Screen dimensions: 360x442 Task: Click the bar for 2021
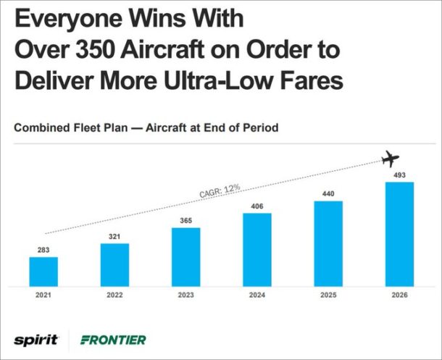(43, 272)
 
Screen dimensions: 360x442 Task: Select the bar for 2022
(114, 264)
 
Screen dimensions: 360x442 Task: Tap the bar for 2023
(185, 257)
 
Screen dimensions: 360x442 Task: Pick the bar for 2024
(257, 250)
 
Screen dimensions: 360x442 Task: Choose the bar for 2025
(328, 243)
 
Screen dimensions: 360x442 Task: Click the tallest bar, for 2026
(399, 234)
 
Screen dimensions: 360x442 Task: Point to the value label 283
(43, 250)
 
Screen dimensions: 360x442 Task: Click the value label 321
(114, 236)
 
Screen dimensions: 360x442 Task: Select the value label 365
(185, 221)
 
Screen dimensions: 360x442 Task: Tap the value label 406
(257, 206)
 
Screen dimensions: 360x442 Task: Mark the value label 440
(328, 194)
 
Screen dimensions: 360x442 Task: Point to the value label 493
(399, 175)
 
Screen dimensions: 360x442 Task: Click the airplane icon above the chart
(391, 157)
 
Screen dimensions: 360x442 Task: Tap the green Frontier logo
(113, 339)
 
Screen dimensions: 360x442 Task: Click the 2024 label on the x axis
(257, 295)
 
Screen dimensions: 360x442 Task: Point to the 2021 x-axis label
(43, 295)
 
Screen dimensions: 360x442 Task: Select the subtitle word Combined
(41, 127)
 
